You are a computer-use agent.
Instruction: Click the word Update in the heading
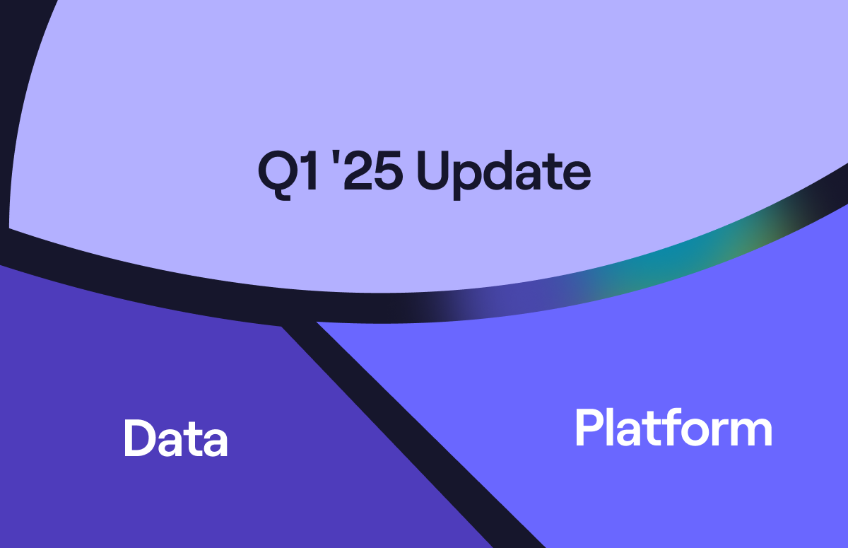point(503,175)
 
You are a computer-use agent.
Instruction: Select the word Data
point(176,438)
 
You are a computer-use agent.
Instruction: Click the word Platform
point(673,428)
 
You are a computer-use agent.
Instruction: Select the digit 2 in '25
point(357,170)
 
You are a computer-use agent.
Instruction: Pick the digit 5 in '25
point(388,171)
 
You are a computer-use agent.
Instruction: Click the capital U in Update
point(432,171)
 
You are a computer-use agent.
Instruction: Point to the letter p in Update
point(468,180)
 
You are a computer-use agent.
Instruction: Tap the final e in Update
point(576,175)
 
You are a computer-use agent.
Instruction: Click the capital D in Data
point(140,438)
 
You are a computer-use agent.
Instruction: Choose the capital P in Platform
point(590,427)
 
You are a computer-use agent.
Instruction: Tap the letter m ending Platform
point(750,432)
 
